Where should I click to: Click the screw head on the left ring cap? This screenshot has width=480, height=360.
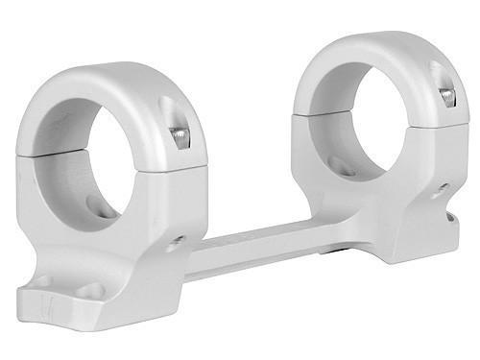[180, 138]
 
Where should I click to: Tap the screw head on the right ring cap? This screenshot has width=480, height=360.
[446, 95]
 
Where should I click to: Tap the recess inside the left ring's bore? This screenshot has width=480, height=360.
[96, 204]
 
